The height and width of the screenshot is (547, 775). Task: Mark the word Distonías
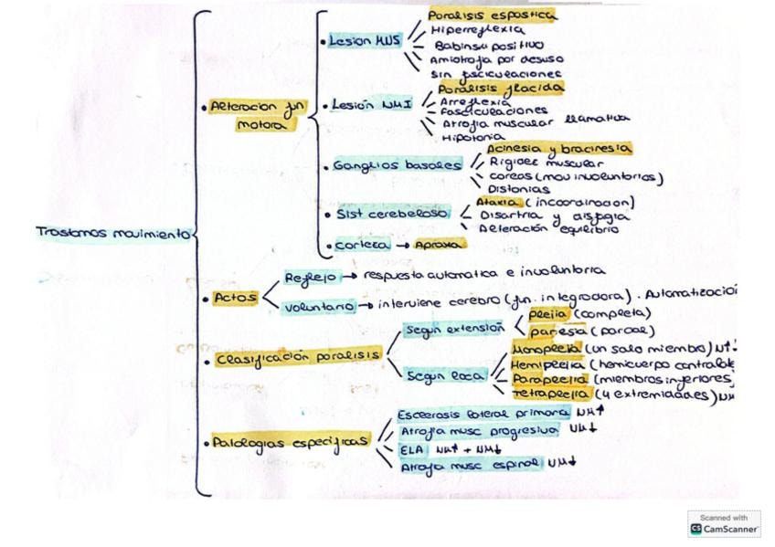(517, 189)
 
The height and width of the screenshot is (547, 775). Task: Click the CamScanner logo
(725, 524)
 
